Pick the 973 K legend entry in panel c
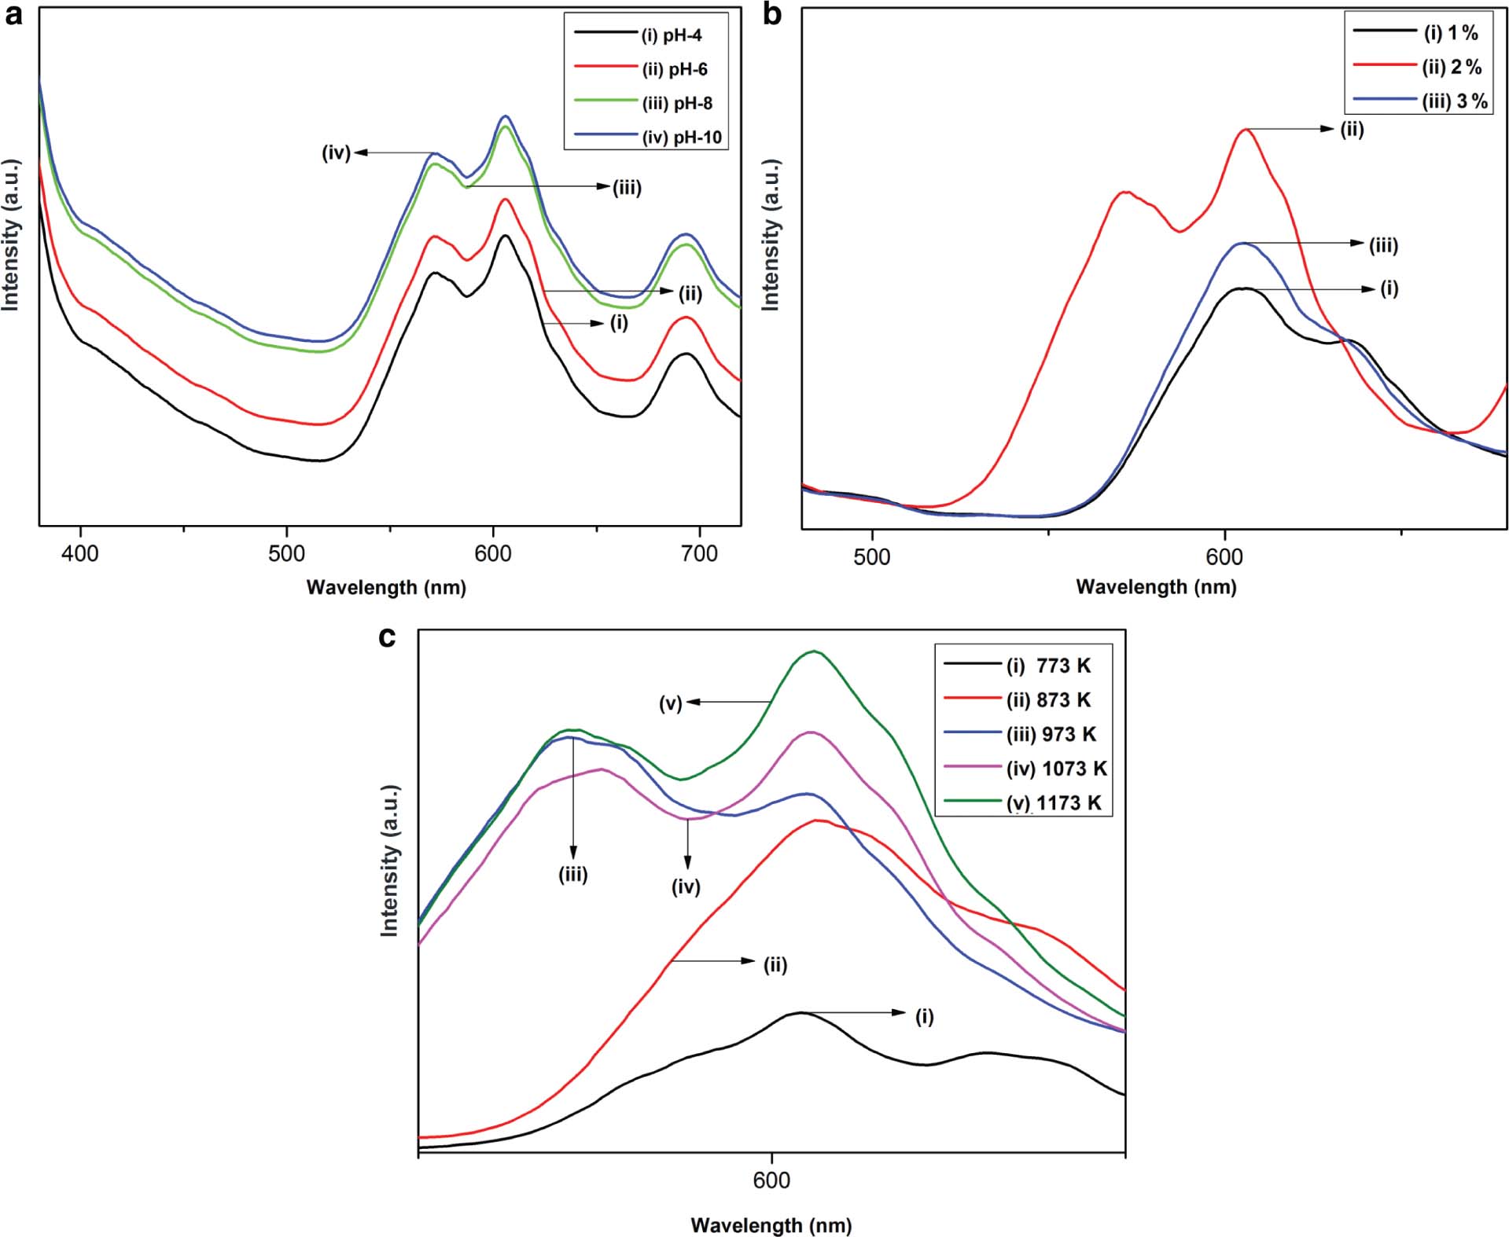coord(1051,734)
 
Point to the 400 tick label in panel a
coord(80,554)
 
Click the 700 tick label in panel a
coord(699,554)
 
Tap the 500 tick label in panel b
coord(871,557)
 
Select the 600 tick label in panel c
coord(771,1181)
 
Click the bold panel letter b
coord(772,14)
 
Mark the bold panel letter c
coord(387,637)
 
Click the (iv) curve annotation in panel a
coord(336,152)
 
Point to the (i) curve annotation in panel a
coord(619,323)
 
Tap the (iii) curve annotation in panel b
coord(1383,245)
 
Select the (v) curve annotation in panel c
coord(670,703)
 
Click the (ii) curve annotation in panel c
coord(775,964)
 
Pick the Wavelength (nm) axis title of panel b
coord(1156,587)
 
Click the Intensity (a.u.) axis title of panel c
coord(390,861)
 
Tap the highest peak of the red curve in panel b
coord(1246,130)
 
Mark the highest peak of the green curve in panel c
coord(815,652)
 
